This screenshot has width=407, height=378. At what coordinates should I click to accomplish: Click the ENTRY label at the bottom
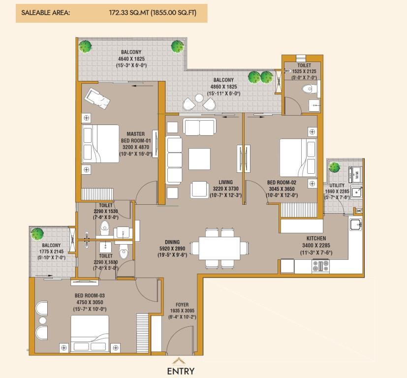point(181,371)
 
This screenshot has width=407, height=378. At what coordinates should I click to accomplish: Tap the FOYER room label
point(182,305)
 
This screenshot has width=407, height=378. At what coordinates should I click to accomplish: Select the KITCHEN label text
point(316,238)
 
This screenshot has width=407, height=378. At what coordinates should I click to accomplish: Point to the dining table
point(219,248)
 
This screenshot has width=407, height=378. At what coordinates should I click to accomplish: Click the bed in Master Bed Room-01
point(100,144)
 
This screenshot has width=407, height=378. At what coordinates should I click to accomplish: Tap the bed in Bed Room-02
point(298,158)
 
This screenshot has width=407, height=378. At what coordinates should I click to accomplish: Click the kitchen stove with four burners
point(320,266)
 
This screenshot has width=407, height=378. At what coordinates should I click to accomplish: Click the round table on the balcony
point(199,98)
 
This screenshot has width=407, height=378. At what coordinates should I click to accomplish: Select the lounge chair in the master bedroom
point(97,98)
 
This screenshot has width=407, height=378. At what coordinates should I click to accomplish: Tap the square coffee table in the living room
point(199,159)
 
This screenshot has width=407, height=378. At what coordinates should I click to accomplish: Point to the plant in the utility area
point(334,167)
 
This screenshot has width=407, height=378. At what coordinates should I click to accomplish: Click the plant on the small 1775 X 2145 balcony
point(36,233)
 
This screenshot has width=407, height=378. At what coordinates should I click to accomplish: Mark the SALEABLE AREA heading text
point(46,13)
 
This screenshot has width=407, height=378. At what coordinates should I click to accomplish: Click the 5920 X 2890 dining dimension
point(172,249)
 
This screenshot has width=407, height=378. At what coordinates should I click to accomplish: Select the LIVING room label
point(225,182)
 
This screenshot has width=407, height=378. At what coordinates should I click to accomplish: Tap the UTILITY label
point(337,186)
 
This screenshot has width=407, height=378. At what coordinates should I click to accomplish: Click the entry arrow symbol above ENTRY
point(181,361)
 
